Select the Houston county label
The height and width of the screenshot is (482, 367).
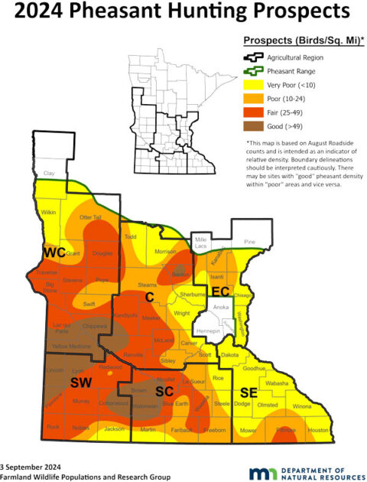(x=317, y=431)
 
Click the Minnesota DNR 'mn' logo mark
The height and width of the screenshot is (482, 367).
(x=256, y=470)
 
